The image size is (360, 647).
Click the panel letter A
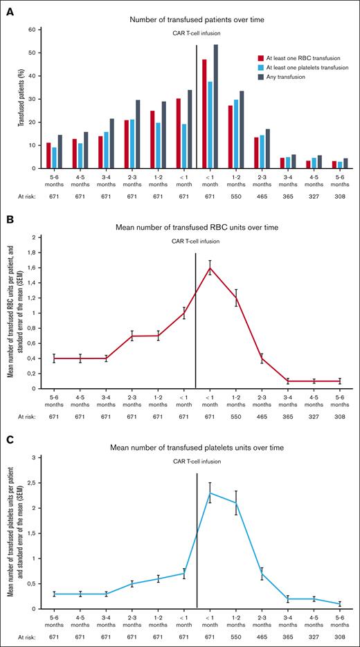[10, 8]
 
